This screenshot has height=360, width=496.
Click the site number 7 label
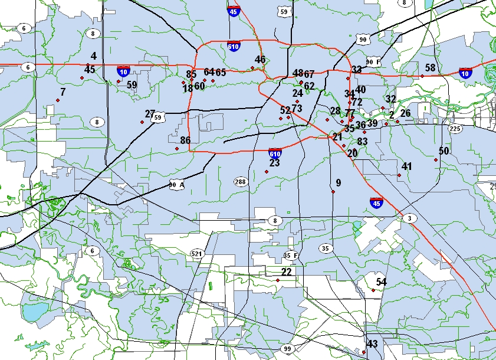point(63,92)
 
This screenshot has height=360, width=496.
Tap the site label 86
point(185,140)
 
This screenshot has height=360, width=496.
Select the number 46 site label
point(260,60)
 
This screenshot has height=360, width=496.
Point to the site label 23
point(274,163)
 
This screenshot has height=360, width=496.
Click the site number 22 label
point(286,272)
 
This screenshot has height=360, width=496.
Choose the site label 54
point(381,282)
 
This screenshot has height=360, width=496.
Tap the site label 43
point(372,344)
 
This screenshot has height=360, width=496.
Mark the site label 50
point(444,151)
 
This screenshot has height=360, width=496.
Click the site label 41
point(406,166)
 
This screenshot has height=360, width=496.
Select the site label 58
point(430,68)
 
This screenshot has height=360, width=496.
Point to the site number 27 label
point(150,114)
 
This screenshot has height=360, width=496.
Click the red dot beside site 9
point(333,191)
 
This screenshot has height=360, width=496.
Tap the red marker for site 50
point(436,160)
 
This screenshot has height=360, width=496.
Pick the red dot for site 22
point(278,280)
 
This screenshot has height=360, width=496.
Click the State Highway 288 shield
point(240,181)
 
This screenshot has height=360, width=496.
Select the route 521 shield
point(196,254)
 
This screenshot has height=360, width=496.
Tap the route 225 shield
point(454,129)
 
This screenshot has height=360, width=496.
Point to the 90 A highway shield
point(176,184)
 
